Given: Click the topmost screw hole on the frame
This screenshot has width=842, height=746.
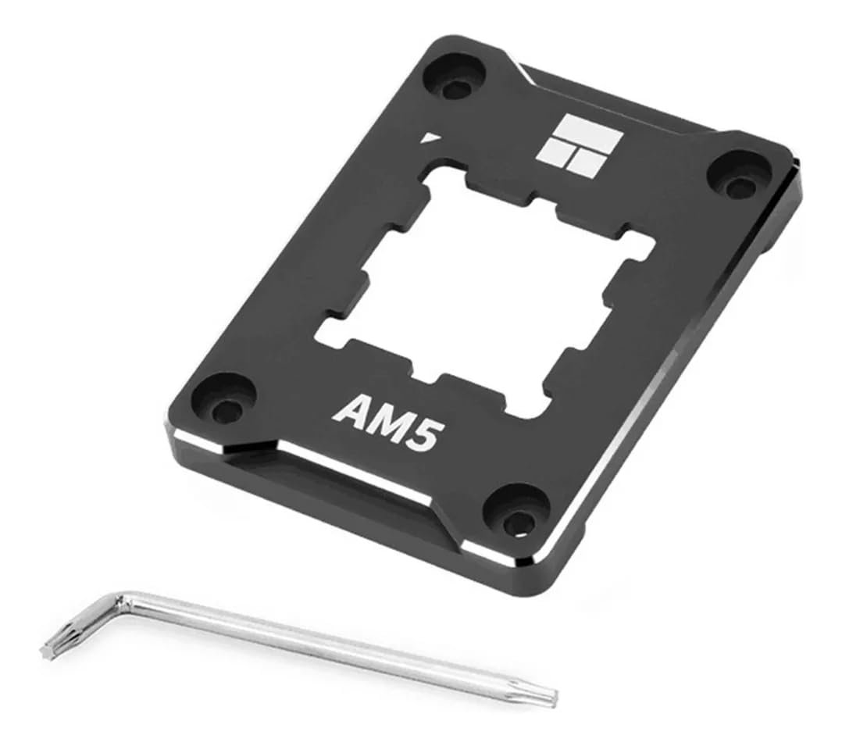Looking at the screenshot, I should tap(455, 86).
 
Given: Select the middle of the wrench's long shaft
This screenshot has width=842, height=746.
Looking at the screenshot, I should tap(336, 648).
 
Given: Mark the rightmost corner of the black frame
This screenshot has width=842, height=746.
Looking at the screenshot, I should tap(797, 176).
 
